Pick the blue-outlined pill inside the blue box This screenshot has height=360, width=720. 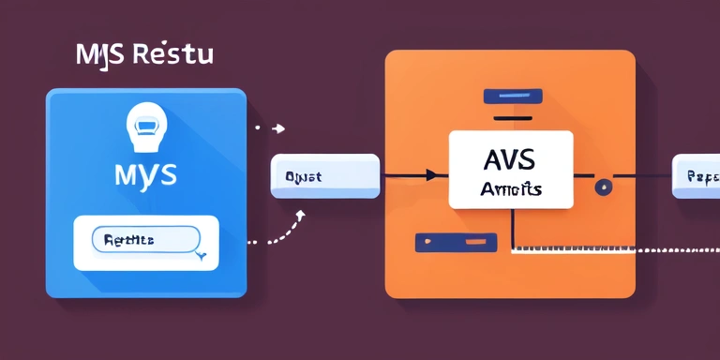(x=145, y=240)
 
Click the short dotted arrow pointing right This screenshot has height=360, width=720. (x=270, y=127)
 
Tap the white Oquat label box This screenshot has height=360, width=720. (x=324, y=175)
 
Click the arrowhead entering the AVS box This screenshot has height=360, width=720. (x=429, y=174)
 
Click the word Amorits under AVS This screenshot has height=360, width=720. (x=510, y=188)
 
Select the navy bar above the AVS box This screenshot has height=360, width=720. (x=513, y=96)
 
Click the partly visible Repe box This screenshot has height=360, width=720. (x=696, y=176)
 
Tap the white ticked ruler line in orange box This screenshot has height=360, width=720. (x=572, y=249)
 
